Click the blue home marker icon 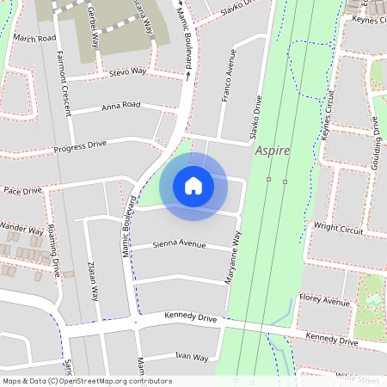pos(193,186)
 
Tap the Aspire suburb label pos(273,150)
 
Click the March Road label pos(34,39)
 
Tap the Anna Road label pos(120,106)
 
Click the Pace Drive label pos(21,190)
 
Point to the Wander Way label pos(21,230)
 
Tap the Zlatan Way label pos(92,279)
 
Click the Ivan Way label pos(191,356)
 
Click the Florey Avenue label pos(325,302)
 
